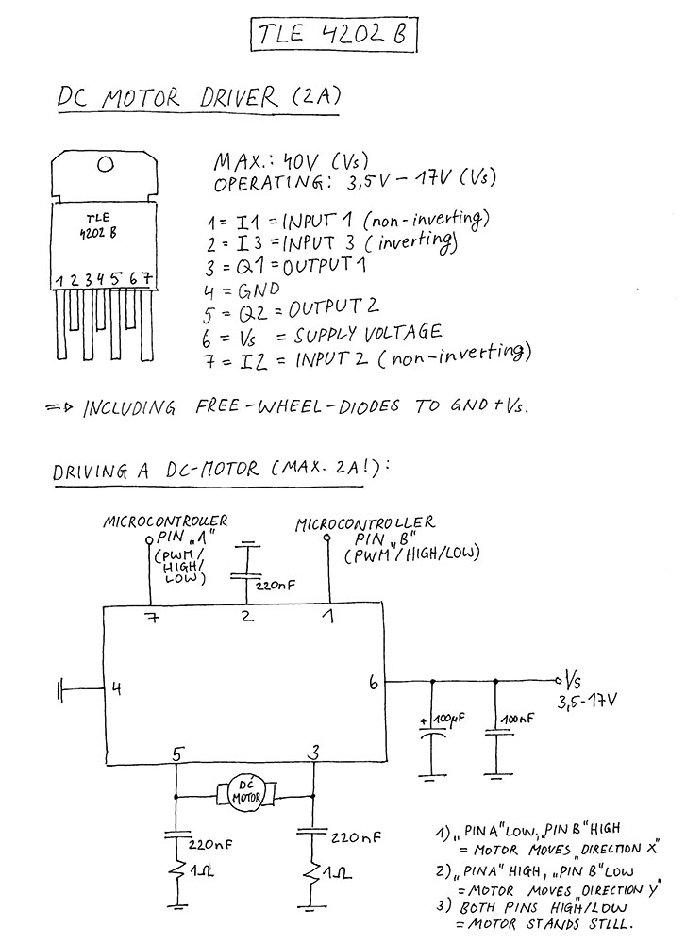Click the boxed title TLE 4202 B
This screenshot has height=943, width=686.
[333, 34]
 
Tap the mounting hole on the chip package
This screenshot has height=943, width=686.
[106, 164]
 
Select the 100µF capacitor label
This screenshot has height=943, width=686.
[445, 719]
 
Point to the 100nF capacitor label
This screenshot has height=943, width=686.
[517, 719]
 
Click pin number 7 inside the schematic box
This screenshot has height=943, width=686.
[153, 617]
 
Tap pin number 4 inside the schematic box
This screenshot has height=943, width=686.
[116, 688]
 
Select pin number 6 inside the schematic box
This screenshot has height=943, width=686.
[374, 683]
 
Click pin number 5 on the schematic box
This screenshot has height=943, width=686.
[176, 753]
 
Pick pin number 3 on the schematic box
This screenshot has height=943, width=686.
[313, 753]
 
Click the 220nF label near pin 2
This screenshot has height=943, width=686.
[275, 585]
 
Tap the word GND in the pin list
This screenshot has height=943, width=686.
[259, 290]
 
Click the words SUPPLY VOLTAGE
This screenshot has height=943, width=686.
[368, 334]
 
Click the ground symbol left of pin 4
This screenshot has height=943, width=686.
[60, 690]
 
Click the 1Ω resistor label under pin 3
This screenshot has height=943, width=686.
[340, 872]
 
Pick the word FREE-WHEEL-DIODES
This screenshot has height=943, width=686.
[297, 406]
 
